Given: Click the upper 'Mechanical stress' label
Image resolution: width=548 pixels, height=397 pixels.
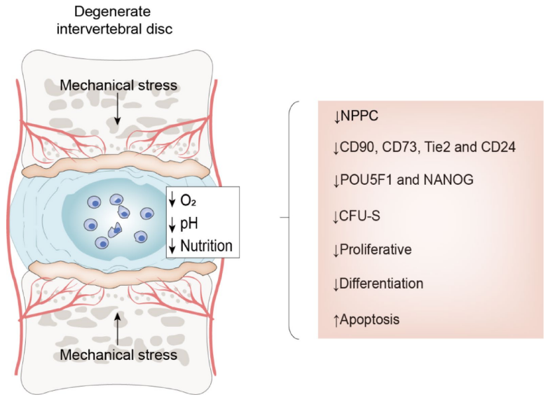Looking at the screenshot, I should click(118, 85).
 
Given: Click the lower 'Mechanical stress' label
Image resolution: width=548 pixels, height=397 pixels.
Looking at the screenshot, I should click(118, 355).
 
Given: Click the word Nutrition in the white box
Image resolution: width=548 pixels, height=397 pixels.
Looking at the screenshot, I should click(205, 245).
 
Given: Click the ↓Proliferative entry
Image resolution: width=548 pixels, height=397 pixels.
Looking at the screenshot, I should click(371, 249).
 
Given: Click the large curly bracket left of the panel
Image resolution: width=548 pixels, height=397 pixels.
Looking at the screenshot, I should click(291, 218).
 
